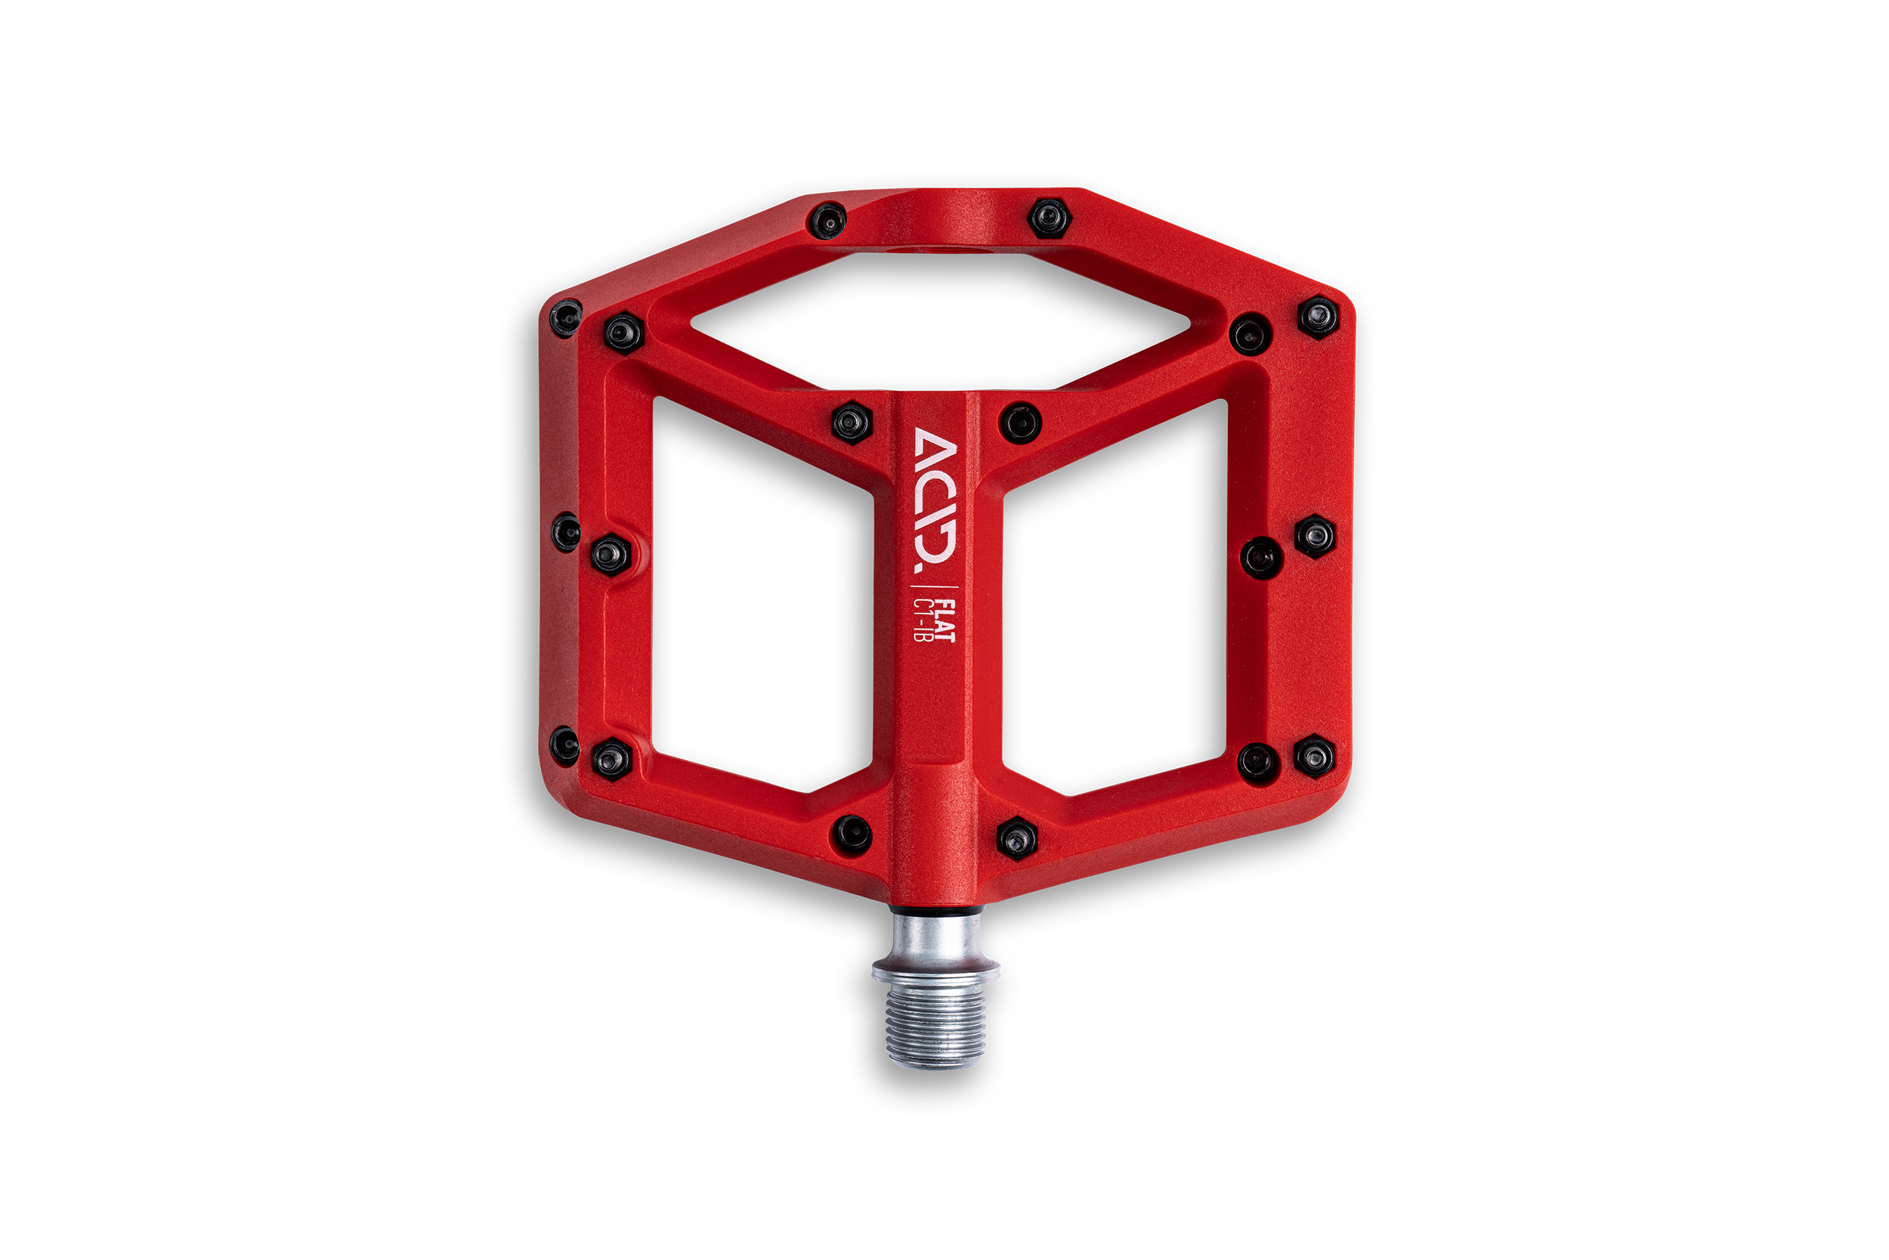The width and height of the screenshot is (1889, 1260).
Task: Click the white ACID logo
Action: (935, 500)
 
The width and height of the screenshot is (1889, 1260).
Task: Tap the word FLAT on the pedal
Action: (948, 621)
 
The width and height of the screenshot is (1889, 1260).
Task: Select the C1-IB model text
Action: (923, 621)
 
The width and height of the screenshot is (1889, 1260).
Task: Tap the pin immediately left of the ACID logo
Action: (852, 422)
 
